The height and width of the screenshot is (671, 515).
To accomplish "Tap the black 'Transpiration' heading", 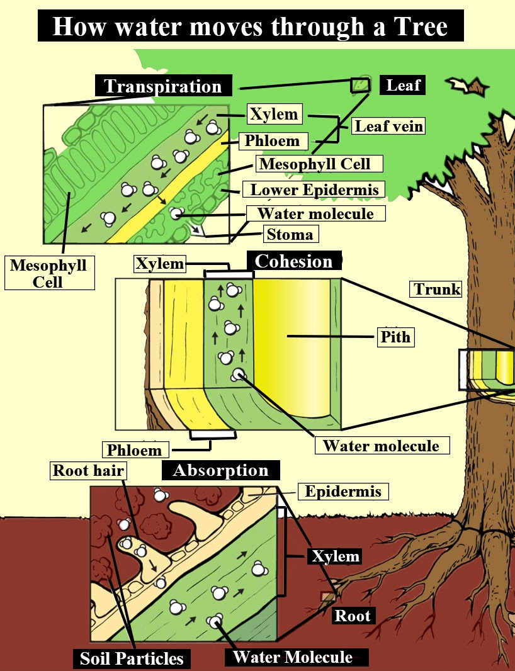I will pos(163,86).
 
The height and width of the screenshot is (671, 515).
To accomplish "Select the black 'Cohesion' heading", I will pos(294,261).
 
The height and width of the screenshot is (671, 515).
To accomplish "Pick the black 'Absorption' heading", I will pos(220,470).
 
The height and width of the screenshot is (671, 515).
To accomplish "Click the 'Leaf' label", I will pos(403,84).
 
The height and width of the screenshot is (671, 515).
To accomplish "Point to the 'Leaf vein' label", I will pos(388,126).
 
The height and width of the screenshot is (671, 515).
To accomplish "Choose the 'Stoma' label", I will pos(290,235).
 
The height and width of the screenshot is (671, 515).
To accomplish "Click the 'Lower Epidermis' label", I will pos(314,189).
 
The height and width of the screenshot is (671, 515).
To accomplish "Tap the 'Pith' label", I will pos(395,337).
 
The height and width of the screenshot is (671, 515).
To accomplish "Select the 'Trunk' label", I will pos(437,290).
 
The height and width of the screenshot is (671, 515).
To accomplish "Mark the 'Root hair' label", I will pos(79,470).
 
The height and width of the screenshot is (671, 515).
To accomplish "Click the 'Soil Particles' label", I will pos(132,658).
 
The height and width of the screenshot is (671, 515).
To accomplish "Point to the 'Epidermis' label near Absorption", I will pos(343,491).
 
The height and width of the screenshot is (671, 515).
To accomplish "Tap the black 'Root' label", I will pos(353,615).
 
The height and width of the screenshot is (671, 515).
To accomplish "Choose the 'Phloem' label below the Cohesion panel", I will pos(134,450).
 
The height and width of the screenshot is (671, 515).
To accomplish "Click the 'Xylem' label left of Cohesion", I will pos(160,264).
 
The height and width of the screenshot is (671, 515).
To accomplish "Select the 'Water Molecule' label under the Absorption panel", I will pos(293,657).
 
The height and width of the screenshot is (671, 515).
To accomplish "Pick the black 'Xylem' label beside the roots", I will pos(334,556).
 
